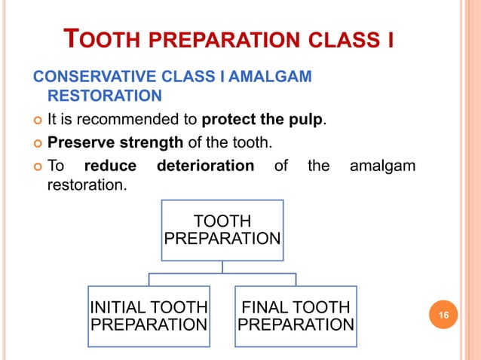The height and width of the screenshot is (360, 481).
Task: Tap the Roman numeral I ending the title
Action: pyautogui.click(x=390, y=38)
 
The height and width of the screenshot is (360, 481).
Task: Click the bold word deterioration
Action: pyautogui.click(x=204, y=165)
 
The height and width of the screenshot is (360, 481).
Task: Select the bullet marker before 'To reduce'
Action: pyautogui.click(x=35, y=166)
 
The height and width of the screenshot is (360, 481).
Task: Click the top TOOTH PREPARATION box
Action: pyautogui.click(x=222, y=230)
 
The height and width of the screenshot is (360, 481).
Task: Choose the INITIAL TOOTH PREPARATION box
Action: pyautogui.click(x=149, y=316)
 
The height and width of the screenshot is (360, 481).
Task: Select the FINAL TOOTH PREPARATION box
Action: pyautogui.click(x=296, y=316)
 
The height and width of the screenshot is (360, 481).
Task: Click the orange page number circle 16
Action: pyautogui.click(x=444, y=313)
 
